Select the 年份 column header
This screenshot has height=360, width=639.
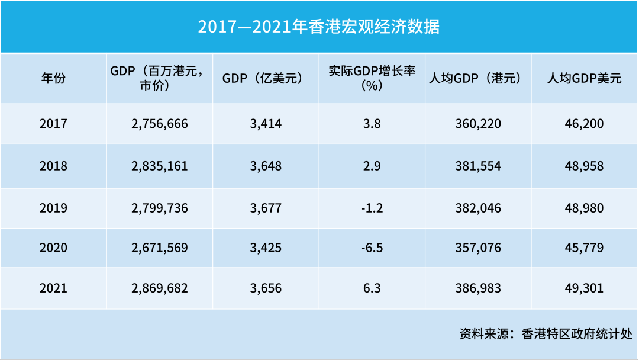pyautogui.click(x=53, y=78)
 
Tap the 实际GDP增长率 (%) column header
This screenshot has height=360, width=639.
pyautogui.click(x=372, y=78)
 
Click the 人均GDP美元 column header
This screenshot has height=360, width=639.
pyautogui.click(x=585, y=78)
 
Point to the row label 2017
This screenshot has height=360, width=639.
pyautogui.click(x=53, y=124)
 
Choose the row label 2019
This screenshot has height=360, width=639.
pyautogui.click(x=53, y=208)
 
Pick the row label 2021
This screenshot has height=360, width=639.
pyautogui.click(x=53, y=288)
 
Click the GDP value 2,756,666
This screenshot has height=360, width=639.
pyautogui.click(x=160, y=124)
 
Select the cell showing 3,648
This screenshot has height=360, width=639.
pyautogui.click(x=266, y=166)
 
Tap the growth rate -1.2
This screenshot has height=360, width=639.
pyautogui.click(x=372, y=208)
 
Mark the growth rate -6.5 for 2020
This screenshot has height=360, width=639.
pyautogui.click(x=372, y=247)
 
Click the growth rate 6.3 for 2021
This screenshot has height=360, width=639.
pyautogui.click(x=372, y=288)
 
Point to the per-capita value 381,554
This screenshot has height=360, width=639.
pyautogui.click(x=478, y=166)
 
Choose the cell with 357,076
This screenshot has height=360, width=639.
pyautogui.click(x=478, y=247)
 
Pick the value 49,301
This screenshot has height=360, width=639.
pyautogui.click(x=585, y=288)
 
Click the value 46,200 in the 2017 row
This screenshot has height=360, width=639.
pyautogui.click(x=585, y=124)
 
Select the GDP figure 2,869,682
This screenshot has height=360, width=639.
pyautogui.click(x=160, y=288)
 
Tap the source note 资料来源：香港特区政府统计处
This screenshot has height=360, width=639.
pyautogui.click(x=546, y=334)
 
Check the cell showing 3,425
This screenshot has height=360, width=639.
pyautogui.click(x=266, y=247)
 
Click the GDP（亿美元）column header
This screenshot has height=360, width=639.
pyautogui.click(x=266, y=78)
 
